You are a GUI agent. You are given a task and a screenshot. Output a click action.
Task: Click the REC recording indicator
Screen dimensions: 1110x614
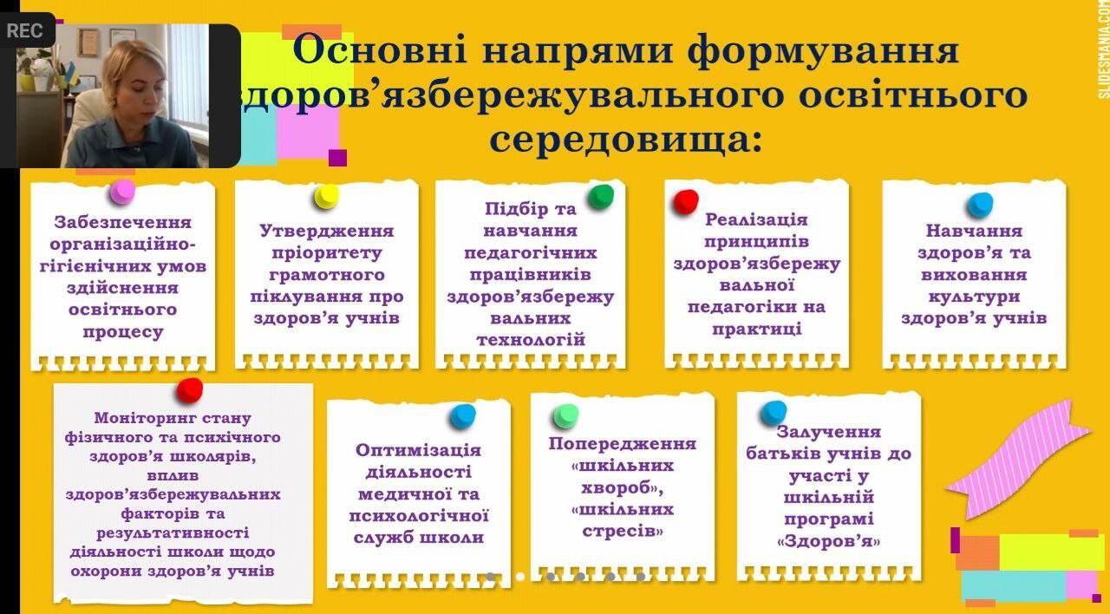(24, 30)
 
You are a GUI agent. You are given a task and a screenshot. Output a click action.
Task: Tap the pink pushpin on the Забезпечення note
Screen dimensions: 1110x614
(122, 193)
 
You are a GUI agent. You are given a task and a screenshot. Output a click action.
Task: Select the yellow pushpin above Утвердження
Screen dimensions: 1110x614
(326, 197)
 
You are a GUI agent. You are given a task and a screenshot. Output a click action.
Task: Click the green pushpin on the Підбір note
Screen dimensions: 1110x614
(601, 197)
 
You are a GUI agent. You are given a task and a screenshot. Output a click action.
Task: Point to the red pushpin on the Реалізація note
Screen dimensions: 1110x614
(686, 202)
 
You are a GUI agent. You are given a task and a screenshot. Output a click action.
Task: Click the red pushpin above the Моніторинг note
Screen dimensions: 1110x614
(189, 390)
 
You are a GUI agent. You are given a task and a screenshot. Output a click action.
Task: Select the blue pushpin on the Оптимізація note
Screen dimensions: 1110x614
(463, 416)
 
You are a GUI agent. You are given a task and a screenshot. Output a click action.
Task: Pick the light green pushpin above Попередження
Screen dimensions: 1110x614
(566, 416)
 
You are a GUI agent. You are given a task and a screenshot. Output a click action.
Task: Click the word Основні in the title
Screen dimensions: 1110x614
(380, 50)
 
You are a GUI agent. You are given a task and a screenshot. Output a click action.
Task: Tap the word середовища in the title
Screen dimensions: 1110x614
(625, 139)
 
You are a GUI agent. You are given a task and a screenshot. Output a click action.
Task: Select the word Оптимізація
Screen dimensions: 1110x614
(418, 450)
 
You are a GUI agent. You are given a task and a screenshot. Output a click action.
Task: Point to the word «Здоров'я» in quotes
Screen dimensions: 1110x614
(828, 541)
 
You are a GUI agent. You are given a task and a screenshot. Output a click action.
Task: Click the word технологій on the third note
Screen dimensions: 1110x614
(531, 340)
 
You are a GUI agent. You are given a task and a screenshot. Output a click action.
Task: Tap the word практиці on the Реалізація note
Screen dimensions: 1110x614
(757, 329)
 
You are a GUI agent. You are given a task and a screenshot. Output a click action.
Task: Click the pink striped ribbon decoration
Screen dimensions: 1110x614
(1018, 459)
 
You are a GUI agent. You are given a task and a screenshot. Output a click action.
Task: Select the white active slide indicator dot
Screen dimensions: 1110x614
(520, 577)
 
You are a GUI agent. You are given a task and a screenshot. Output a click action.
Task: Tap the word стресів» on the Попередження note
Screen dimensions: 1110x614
(623, 532)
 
